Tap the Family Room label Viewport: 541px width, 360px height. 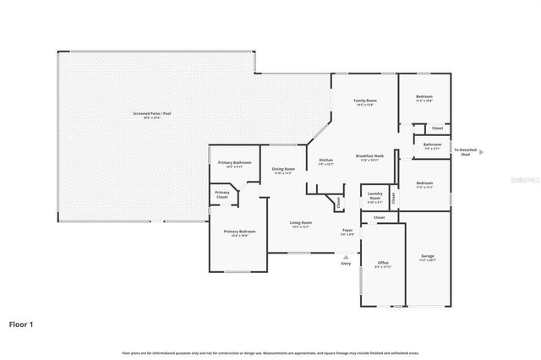click(364, 101)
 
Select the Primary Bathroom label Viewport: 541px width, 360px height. click(235, 162)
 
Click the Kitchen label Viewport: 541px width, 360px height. click(325, 160)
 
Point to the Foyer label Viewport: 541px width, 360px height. click(347, 230)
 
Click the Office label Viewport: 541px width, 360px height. click(382, 263)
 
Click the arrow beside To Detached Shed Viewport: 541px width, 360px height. click(482, 153)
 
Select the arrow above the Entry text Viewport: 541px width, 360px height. click(345, 255)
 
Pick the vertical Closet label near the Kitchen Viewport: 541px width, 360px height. click(339, 202)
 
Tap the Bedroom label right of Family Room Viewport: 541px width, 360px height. click(424, 97)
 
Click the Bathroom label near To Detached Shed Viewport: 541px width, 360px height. click(432, 145)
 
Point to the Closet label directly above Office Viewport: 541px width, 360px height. click(380, 217)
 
